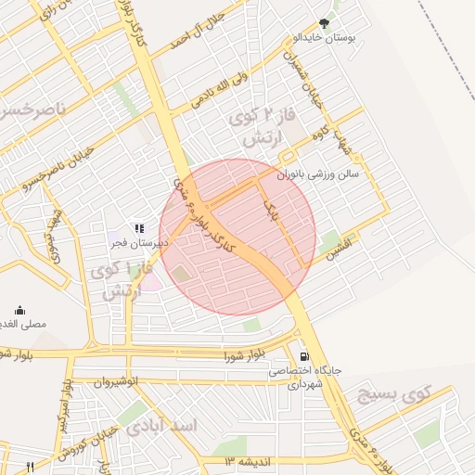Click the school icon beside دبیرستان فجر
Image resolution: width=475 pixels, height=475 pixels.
[x=139, y=227]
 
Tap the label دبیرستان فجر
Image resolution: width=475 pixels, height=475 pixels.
[x=132, y=243]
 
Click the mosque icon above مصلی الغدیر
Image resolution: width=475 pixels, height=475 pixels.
[x=20, y=311]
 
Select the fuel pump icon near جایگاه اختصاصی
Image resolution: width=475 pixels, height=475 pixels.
[x=303, y=356]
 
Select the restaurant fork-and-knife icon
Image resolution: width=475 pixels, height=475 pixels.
[x=30, y=466]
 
